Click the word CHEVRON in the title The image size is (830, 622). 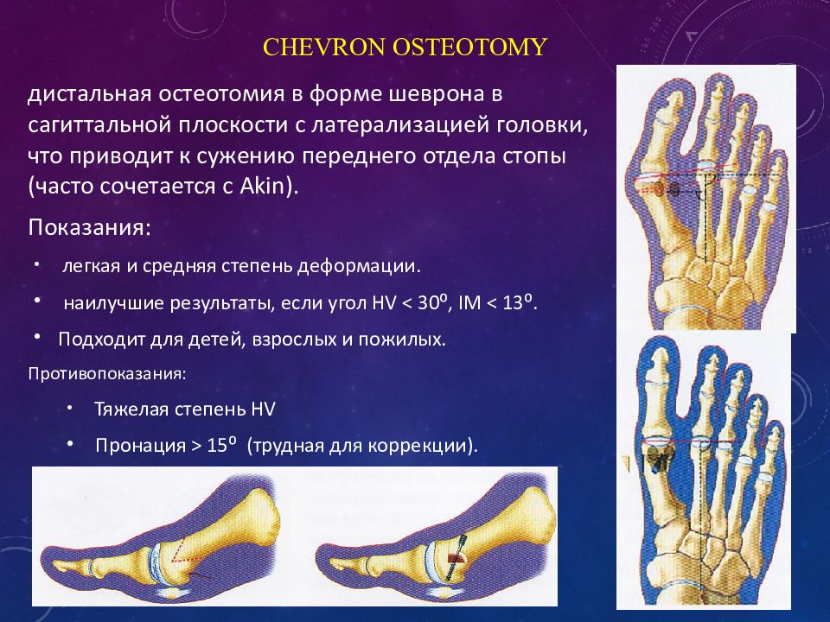coord(323,47)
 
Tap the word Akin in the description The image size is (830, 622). coord(263,187)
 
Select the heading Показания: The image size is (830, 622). coord(90,228)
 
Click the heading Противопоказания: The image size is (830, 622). coord(107,374)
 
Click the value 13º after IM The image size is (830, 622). coord(517,302)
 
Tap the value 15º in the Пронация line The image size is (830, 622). coord(220,445)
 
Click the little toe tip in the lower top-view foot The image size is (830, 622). coord(772,431)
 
